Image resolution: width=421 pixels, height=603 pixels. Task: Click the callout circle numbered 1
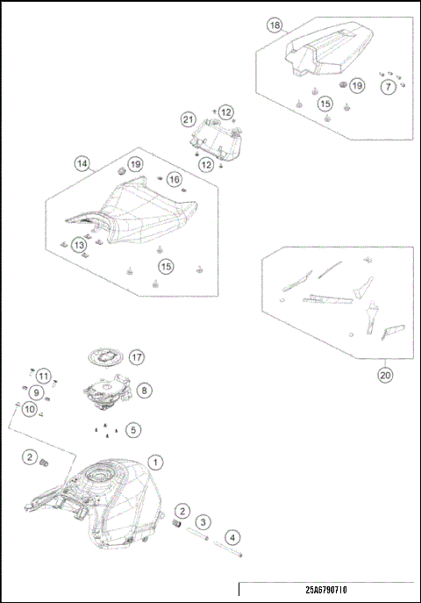click(155, 462)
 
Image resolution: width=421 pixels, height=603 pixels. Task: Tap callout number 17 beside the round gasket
click(137, 357)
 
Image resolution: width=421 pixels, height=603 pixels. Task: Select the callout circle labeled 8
click(144, 391)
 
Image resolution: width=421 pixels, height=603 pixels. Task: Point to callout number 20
click(385, 375)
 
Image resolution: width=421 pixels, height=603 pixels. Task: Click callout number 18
click(275, 25)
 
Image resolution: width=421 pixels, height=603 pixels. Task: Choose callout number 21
click(189, 119)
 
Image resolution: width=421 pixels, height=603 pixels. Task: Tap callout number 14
click(82, 164)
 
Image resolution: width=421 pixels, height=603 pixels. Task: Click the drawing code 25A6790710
click(326, 590)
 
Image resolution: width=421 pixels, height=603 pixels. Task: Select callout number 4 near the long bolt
click(232, 538)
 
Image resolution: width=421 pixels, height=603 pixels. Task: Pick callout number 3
click(203, 522)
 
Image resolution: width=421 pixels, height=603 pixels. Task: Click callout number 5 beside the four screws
click(133, 429)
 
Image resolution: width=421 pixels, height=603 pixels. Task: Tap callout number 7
click(389, 87)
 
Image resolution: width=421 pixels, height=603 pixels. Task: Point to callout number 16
click(175, 179)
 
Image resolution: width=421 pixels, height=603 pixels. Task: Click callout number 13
click(79, 245)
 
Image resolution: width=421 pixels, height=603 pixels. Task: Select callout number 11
click(43, 376)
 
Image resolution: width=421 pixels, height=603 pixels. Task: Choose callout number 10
click(30, 409)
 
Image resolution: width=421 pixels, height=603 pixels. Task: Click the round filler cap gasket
click(105, 357)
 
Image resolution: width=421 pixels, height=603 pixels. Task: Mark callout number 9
click(36, 392)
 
